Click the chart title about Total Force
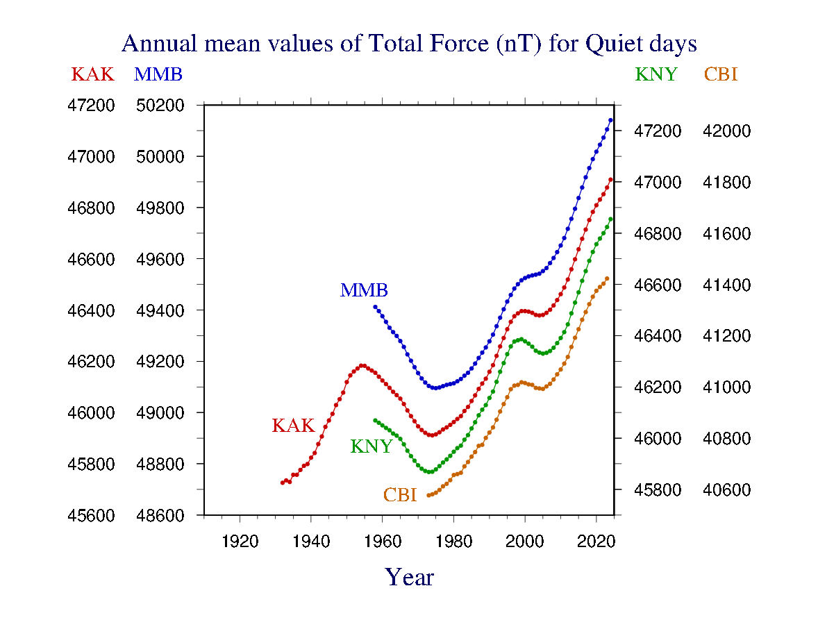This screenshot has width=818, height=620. (409, 44)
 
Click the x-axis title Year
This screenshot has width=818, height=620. (410, 577)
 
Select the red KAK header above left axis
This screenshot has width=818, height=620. (92, 74)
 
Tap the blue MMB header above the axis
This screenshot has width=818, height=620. (158, 74)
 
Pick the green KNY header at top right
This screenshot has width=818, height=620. (656, 74)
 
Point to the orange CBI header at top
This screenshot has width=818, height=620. (720, 74)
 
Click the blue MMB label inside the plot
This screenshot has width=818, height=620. (364, 290)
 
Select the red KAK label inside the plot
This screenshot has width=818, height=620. (293, 426)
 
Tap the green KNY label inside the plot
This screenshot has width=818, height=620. (372, 446)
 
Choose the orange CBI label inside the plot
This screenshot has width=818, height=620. (400, 495)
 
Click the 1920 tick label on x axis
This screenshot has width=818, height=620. (240, 542)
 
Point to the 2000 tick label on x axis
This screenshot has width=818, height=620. (525, 542)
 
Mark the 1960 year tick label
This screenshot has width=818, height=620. (382, 542)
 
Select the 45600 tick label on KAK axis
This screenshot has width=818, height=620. (90, 516)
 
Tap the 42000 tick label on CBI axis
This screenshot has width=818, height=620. (726, 131)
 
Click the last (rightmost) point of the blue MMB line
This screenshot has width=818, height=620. (610, 120)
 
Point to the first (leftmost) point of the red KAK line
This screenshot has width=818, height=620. (283, 483)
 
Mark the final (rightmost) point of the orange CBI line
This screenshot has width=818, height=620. (607, 278)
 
